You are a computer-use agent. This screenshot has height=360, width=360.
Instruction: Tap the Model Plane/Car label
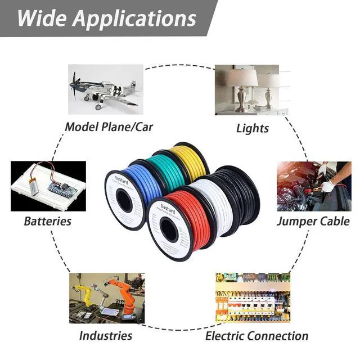(x=109, y=126)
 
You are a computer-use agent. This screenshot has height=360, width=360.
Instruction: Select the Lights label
(x=253, y=128)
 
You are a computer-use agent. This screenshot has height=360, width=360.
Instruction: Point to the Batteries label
(x=48, y=220)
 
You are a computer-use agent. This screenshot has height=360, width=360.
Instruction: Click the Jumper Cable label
(x=313, y=220)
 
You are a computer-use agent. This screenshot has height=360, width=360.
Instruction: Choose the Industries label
(x=106, y=336)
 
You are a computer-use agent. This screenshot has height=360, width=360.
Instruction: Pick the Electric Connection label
(x=256, y=336)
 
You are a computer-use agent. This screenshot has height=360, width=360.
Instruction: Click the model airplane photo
(x=105, y=89)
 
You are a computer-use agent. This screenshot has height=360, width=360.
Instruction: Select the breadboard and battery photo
(x=48, y=186)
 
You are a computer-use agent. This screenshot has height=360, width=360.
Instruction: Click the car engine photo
(x=313, y=186)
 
